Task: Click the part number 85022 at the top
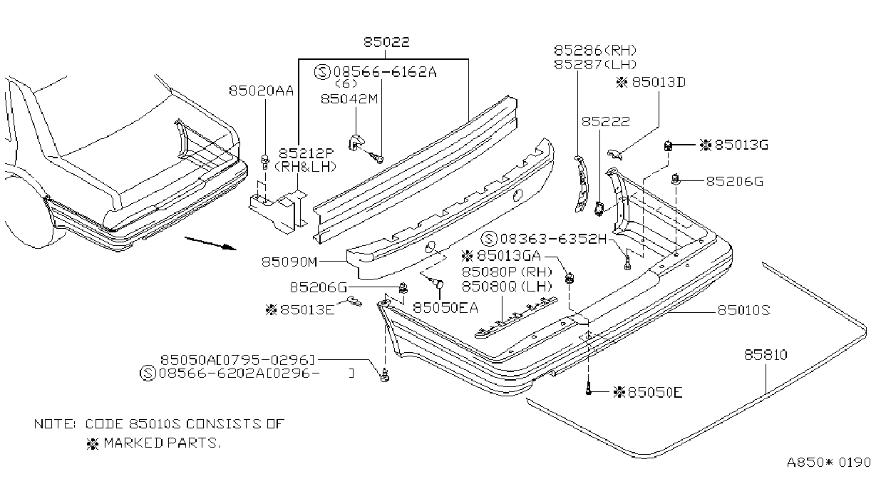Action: pyautogui.click(x=386, y=42)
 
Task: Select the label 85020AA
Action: pyautogui.click(x=261, y=91)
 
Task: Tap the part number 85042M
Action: pyautogui.click(x=349, y=98)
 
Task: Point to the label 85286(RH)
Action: pyautogui.click(x=595, y=50)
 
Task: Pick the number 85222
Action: pyautogui.click(x=605, y=122)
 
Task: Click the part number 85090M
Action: pyautogui.click(x=289, y=262)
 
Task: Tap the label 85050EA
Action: pyautogui.click(x=445, y=308)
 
